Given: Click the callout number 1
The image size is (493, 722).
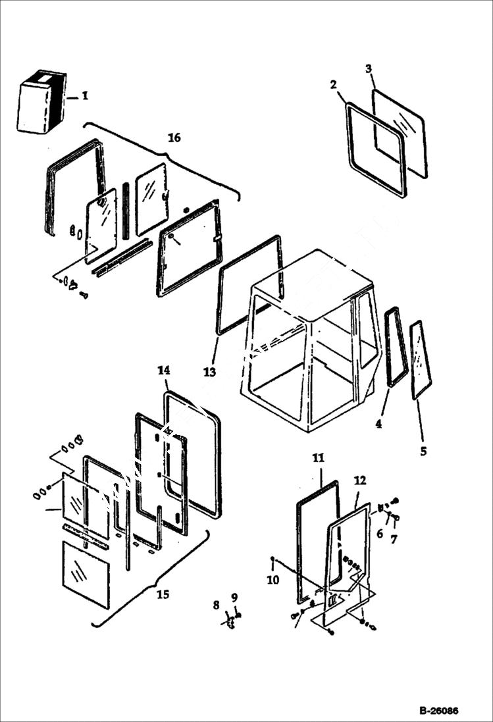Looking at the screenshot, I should [x=85, y=96].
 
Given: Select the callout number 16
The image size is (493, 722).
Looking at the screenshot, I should [x=174, y=138].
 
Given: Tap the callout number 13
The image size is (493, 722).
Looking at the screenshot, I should [x=209, y=373].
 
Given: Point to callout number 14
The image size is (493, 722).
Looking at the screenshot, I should [x=164, y=371].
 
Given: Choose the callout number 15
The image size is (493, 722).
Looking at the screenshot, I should [x=163, y=594].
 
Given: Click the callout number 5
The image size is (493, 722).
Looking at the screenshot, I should [x=423, y=451].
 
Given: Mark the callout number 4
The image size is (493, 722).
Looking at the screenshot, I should [x=378, y=425].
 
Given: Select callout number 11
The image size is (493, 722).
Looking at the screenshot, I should [x=319, y=459].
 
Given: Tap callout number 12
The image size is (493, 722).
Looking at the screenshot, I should [x=359, y=480].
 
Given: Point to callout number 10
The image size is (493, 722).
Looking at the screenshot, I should [x=273, y=580].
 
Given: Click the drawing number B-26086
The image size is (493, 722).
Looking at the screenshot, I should [x=438, y=711].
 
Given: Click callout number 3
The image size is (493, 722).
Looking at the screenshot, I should [x=369, y=68].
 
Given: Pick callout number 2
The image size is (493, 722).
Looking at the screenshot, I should [x=334, y=84].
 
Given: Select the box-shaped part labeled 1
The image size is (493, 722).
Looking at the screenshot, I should [x=41, y=103].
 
